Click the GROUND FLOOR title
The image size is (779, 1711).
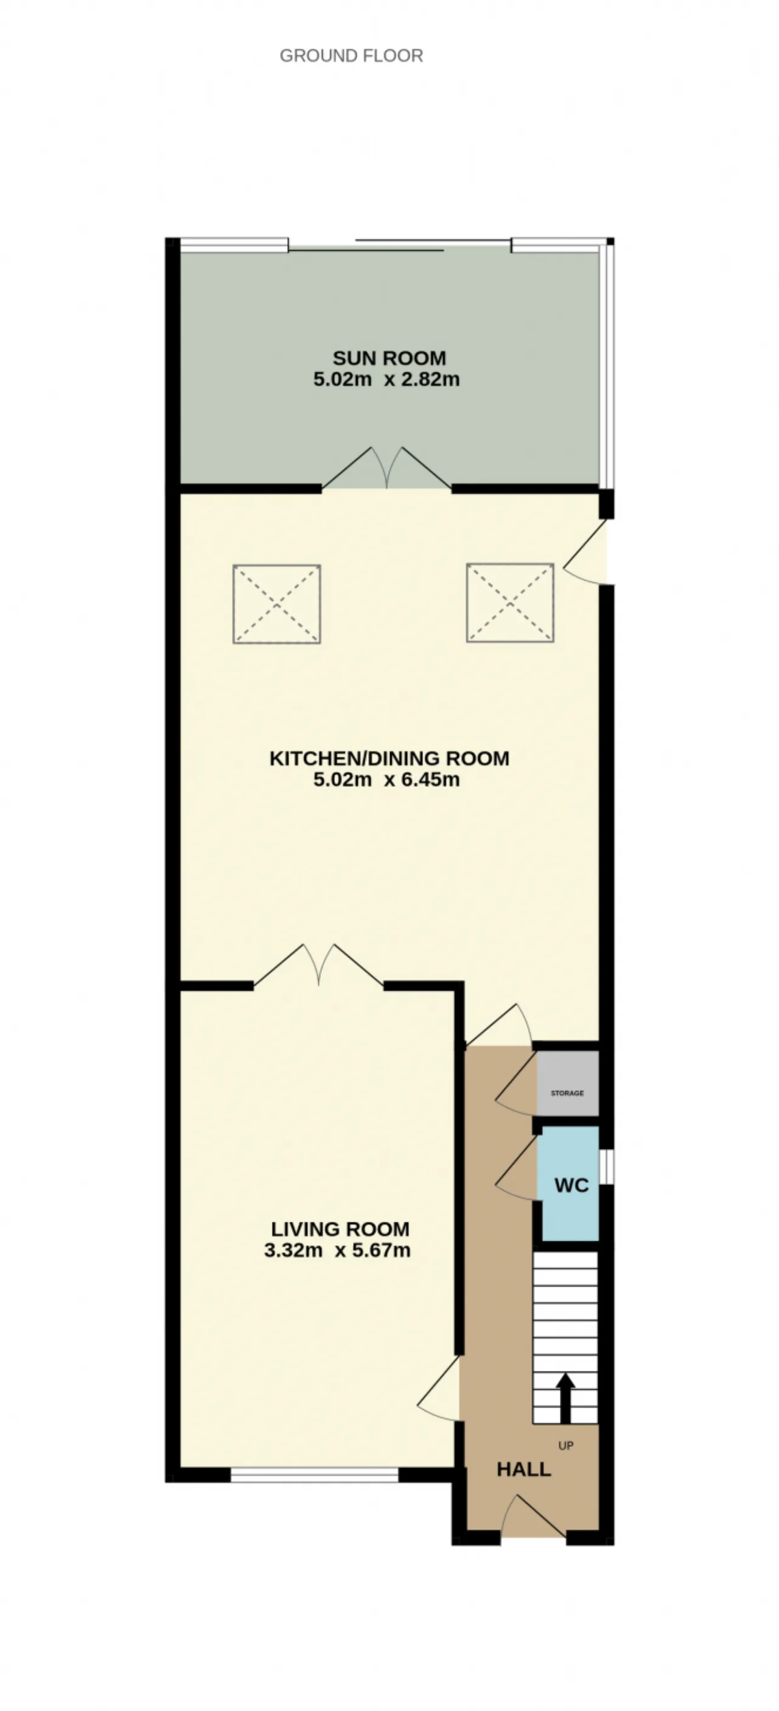point(351,56)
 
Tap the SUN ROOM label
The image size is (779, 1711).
point(389,358)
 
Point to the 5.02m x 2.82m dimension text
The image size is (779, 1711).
point(386,379)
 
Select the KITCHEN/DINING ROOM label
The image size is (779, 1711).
point(389,758)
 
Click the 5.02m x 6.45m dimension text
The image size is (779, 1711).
point(386,779)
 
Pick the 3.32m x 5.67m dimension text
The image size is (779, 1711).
point(337,1250)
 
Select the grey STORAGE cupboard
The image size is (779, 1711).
point(568,1093)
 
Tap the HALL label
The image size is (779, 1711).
point(524,1469)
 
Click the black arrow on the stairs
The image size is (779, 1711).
point(566,1398)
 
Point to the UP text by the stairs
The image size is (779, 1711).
point(566,1445)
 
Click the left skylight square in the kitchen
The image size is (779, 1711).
point(277,604)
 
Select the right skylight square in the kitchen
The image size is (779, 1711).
point(510,603)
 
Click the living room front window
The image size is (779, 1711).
point(315,1474)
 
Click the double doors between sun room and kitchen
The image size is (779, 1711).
point(387,469)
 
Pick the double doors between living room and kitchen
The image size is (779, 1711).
point(319,964)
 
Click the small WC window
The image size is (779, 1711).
point(606,1166)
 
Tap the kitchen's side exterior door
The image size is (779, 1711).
point(585,552)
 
